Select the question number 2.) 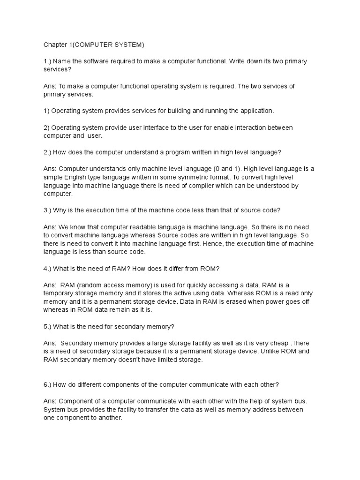(x=47, y=152)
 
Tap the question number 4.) (x=47, y=268)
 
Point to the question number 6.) (x=47, y=384)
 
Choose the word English (x=75, y=177)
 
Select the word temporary (x=58, y=293)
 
